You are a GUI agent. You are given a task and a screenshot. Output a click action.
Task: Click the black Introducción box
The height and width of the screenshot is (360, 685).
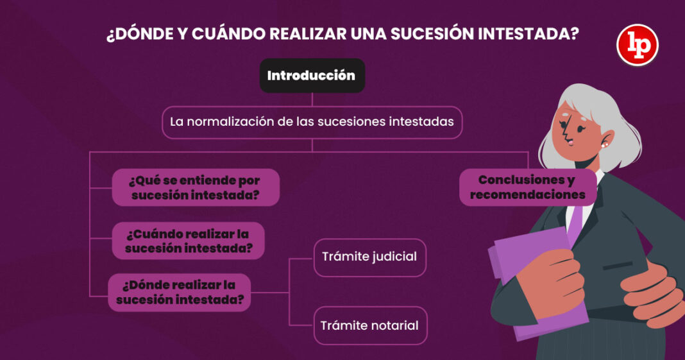[312, 76]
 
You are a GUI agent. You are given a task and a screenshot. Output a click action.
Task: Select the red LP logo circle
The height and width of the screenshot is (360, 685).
[638, 45]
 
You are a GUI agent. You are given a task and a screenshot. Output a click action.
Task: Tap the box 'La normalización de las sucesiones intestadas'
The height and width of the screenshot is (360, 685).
[312, 123]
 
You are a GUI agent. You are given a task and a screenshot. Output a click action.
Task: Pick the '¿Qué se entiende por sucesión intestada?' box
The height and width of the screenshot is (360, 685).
[196, 187]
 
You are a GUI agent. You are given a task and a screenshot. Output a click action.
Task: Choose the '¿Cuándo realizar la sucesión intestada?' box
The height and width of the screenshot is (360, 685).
[189, 241]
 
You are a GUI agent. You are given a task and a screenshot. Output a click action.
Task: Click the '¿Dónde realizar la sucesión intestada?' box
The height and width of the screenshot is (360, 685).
[180, 292]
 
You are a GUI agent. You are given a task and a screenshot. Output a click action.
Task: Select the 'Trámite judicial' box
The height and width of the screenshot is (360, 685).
[369, 257]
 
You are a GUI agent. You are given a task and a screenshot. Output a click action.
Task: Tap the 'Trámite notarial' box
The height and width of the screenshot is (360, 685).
[370, 325]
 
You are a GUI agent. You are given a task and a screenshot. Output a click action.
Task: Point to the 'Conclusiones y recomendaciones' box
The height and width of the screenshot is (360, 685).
[527, 187]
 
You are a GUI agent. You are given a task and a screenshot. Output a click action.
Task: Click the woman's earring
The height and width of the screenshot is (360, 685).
[604, 144]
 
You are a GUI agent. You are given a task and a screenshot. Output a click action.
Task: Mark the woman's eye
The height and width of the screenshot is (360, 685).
[581, 128]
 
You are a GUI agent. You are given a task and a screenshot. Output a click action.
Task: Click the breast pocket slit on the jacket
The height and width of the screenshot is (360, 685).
[617, 266]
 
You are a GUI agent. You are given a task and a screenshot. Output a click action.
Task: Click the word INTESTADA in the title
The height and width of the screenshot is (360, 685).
[528, 34]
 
